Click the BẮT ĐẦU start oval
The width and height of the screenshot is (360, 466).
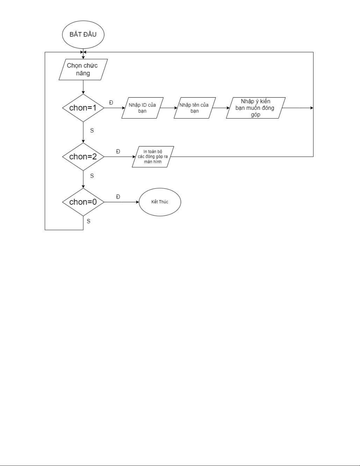[x=83, y=34]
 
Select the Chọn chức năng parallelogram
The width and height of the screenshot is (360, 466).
[x=83, y=69]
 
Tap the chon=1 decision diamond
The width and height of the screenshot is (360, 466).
[x=83, y=108]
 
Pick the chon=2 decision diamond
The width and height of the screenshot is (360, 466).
[x=83, y=156]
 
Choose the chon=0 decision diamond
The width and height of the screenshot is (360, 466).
[x=83, y=202]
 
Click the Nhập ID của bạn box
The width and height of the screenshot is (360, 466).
[x=143, y=108]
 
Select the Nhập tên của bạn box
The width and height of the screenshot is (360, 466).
[x=195, y=108]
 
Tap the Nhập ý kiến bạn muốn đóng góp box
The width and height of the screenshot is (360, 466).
[x=256, y=108]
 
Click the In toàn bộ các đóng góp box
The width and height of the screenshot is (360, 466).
[x=153, y=157]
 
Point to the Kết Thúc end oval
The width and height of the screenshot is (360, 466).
[x=160, y=202]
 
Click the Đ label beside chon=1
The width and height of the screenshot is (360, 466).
[x=111, y=103]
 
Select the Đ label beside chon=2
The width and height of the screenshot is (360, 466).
[x=118, y=151]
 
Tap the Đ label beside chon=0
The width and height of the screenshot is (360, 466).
[x=118, y=197]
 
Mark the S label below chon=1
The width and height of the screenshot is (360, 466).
[x=92, y=131]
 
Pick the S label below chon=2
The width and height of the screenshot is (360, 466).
[x=92, y=176]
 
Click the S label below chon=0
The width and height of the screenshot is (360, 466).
[x=88, y=221]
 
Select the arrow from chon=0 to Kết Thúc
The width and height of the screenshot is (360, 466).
[x=122, y=202]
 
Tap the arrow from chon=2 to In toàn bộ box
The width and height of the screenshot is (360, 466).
[x=119, y=157]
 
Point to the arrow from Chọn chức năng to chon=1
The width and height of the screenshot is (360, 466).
[x=83, y=87]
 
